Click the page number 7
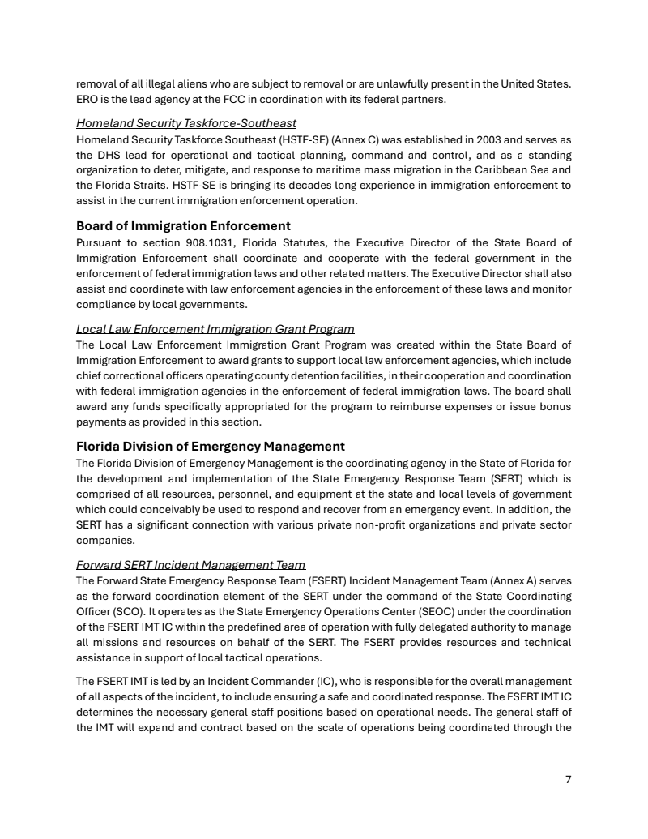coord(568,779)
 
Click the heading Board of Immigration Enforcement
coord(183,225)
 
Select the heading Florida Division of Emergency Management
coord(211,446)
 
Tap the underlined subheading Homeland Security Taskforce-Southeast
coord(186,123)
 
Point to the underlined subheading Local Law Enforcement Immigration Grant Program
coord(215,329)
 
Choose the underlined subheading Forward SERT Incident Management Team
coord(190,565)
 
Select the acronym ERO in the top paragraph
coord(87,99)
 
